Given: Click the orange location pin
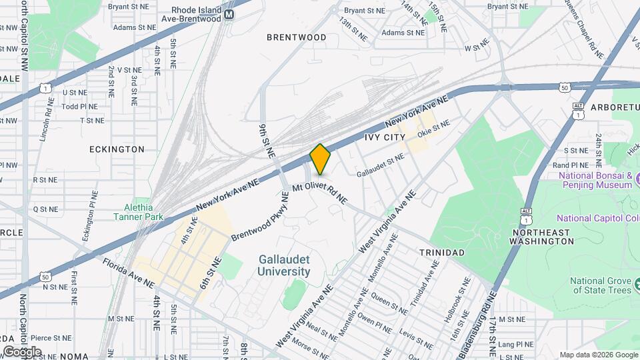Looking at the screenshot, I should (x=321, y=159).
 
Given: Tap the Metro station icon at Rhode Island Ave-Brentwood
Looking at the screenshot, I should (x=229, y=14).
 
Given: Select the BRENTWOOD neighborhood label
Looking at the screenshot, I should (x=297, y=37).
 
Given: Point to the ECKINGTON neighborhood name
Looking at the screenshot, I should (x=117, y=149).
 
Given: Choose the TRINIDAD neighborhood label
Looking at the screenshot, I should (x=441, y=253).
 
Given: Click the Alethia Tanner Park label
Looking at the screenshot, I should (x=138, y=212).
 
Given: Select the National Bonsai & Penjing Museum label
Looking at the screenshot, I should (x=595, y=180).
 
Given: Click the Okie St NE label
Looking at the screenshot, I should (x=434, y=129).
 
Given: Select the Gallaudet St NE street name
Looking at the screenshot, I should (x=381, y=165).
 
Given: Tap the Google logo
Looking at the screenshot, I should (x=22, y=351).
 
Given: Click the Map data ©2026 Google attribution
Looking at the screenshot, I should (x=598, y=355).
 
